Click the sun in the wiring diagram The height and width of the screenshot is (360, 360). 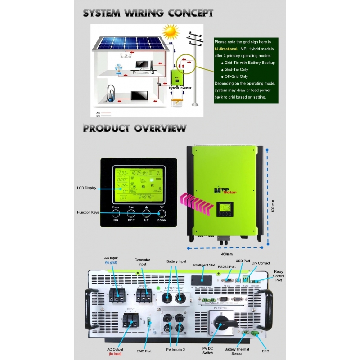[171, 31]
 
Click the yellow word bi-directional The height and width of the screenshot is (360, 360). [226, 48]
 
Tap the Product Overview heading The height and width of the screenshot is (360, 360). [135, 128]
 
